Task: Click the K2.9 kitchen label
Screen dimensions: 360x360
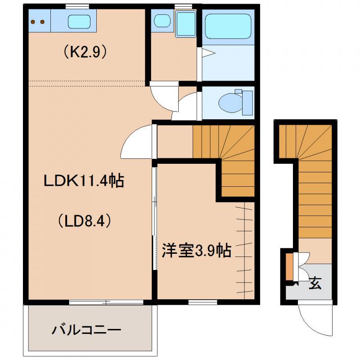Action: point(85,52)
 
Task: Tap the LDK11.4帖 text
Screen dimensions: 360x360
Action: point(84,180)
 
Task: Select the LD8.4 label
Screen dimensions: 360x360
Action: point(85,220)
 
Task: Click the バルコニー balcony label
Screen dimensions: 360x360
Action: point(86,330)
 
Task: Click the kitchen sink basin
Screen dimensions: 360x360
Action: point(79,22)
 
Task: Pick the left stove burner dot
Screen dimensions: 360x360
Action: point(33,22)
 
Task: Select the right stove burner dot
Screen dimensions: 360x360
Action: point(42,22)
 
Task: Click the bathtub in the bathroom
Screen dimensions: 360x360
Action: point(228,26)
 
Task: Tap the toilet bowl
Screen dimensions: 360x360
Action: point(230,103)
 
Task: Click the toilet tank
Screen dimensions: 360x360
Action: point(247,103)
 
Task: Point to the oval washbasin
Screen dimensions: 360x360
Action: point(162,21)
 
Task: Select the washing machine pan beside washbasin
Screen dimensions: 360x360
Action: point(186,24)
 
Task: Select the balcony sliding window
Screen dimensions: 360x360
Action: point(106,302)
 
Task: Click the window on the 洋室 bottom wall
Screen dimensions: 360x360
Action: point(203,302)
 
